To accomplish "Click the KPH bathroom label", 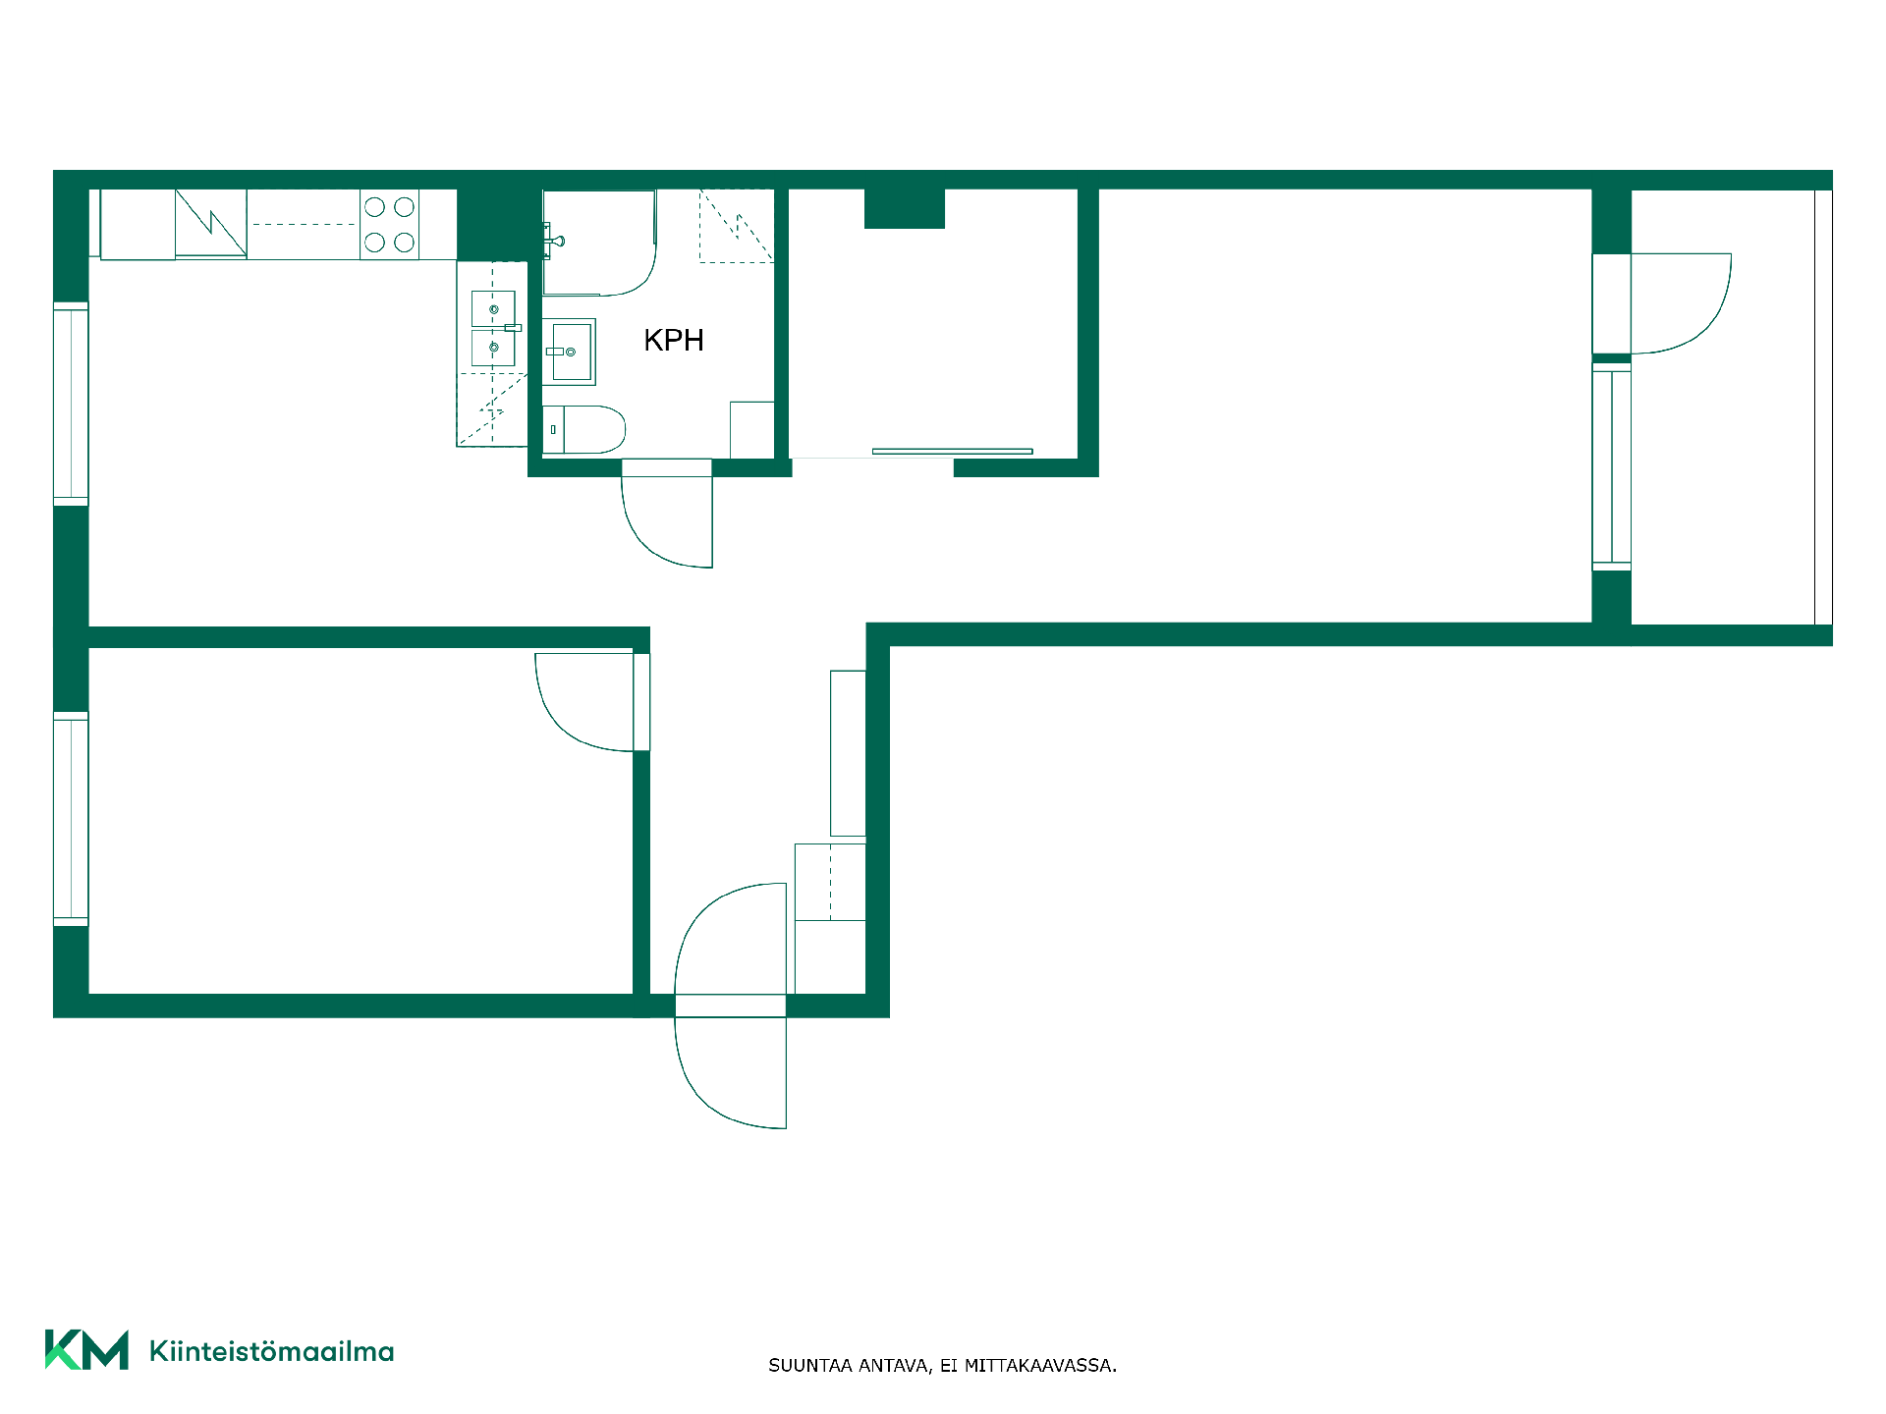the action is (x=674, y=340).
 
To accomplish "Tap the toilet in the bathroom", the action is (x=583, y=429).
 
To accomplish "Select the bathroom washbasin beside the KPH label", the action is (x=569, y=352).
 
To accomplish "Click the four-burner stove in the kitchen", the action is (x=389, y=225).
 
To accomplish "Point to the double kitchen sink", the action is (x=493, y=328).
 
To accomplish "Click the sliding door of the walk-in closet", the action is (x=952, y=452).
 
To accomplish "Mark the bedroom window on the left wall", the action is (x=71, y=819).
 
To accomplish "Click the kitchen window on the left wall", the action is (x=71, y=405).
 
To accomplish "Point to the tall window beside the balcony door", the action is (x=1611, y=466).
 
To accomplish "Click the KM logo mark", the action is (x=86, y=1350).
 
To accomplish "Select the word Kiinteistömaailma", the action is (x=271, y=1351).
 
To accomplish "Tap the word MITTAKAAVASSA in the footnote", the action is (x=1040, y=1365).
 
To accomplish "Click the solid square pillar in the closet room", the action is (x=905, y=208).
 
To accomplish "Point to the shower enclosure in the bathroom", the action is (x=599, y=243).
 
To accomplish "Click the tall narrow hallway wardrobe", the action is (x=848, y=753).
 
